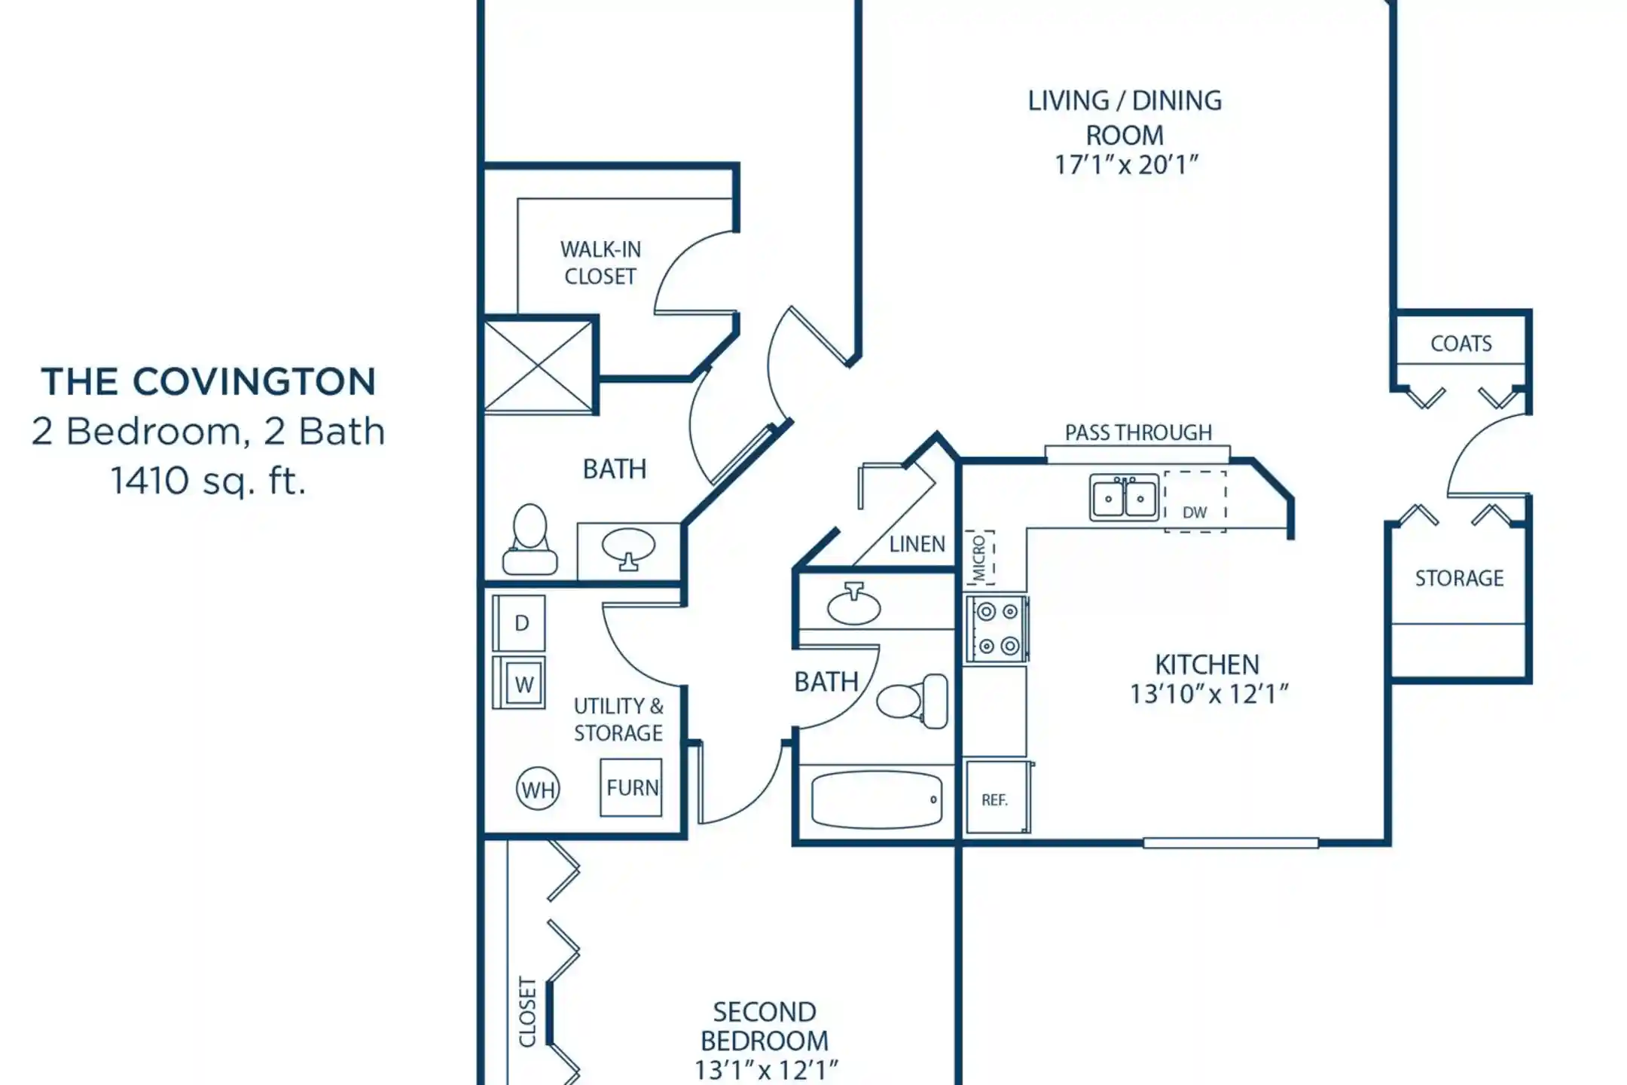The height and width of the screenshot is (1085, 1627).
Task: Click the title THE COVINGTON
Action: tap(208, 381)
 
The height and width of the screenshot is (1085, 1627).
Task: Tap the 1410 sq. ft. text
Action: tap(208, 481)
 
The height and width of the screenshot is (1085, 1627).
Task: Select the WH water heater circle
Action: tap(538, 789)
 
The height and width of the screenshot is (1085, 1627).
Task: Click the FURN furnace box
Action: tap(631, 787)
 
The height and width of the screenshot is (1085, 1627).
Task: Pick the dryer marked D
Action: tap(519, 623)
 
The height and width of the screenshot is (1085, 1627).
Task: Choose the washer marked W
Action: tap(519, 683)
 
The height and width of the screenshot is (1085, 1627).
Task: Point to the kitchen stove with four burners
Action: tap(997, 628)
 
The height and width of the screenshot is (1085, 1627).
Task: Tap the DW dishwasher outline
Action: tap(1195, 502)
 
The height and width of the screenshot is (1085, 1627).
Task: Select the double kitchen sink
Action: tap(1124, 498)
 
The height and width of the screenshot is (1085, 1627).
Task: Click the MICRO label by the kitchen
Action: tap(979, 558)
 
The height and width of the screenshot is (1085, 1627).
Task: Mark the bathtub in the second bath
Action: tap(877, 799)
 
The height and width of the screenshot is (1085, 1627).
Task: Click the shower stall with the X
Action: tap(539, 366)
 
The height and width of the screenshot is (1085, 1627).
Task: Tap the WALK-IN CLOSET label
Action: tap(600, 263)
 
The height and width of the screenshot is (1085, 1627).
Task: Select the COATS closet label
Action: tap(1461, 344)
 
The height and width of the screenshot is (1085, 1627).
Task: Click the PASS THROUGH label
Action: tap(1138, 432)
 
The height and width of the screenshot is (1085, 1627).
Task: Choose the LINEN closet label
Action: tap(917, 544)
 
